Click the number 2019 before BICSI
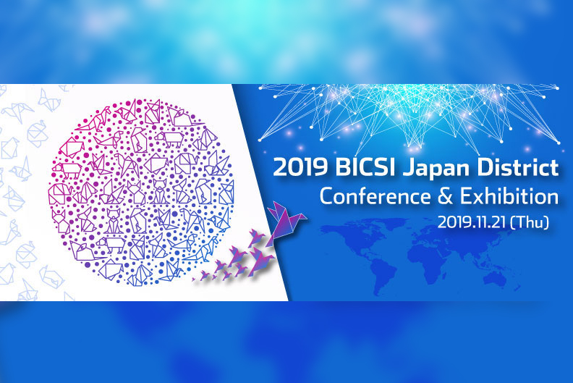(x=300, y=167)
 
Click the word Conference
(x=375, y=196)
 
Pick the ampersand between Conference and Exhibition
(x=445, y=196)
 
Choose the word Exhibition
(x=509, y=196)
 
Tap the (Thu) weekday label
(x=530, y=222)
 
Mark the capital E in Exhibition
(x=466, y=196)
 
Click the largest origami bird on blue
(x=284, y=223)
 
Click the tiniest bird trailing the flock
(x=193, y=279)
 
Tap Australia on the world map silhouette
(x=494, y=280)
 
